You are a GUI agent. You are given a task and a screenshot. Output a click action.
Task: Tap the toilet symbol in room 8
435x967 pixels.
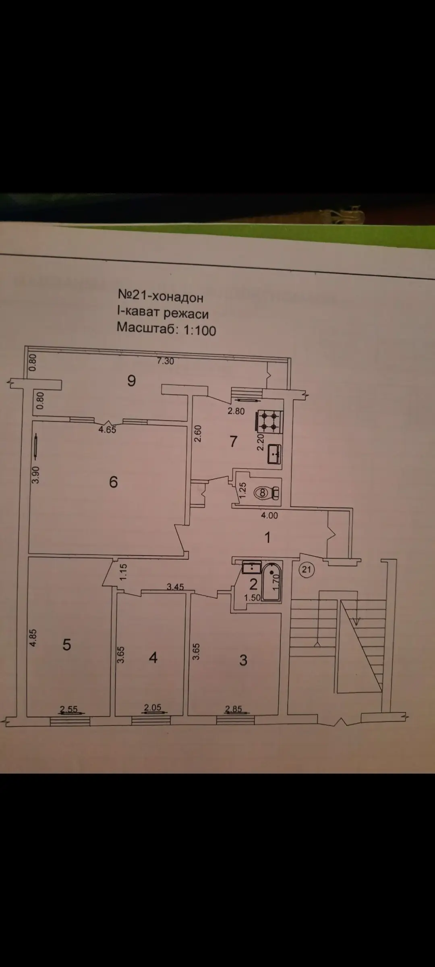click(x=267, y=492)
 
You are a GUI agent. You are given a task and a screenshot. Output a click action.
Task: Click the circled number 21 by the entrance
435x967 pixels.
click(x=307, y=569)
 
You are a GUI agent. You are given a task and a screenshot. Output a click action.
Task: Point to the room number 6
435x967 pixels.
click(x=114, y=482)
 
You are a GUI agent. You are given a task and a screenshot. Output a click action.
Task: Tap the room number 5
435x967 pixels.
click(x=67, y=645)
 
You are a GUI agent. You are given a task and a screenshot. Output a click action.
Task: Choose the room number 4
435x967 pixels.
click(x=153, y=658)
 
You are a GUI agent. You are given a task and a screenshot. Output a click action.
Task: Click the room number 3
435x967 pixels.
click(x=243, y=660)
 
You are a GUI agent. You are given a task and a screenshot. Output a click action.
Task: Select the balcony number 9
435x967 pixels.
click(x=131, y=380)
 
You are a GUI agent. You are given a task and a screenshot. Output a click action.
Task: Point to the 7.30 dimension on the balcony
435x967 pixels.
click(x=165, y=361)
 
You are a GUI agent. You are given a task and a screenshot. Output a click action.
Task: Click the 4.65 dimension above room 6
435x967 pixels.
click(x=108, y=430)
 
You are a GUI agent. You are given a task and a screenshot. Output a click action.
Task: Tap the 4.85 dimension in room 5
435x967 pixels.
click(x=34, y=638)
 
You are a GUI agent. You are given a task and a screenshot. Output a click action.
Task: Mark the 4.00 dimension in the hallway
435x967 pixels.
click(x=269, y=515)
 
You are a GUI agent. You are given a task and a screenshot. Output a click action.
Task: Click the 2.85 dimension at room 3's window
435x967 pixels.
click(x=234, y=709)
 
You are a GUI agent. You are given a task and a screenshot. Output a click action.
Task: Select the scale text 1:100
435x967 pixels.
click(x=200, y=330)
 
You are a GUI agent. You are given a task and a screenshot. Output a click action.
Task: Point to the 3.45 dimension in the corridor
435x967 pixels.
click(x=175, y=587)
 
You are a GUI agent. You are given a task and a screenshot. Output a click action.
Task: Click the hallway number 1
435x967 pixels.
click(x=267, y=537)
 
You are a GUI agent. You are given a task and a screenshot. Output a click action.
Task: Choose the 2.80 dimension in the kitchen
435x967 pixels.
click(x=236, y=411)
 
